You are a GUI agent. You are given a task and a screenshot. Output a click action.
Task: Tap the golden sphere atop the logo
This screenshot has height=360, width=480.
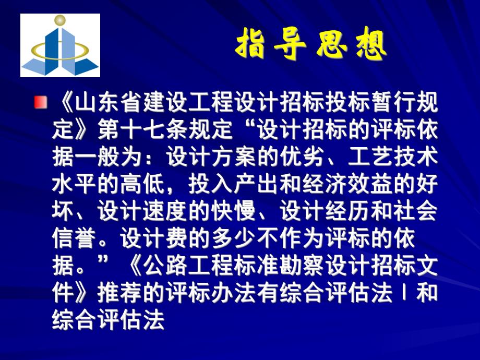point(59,21)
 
